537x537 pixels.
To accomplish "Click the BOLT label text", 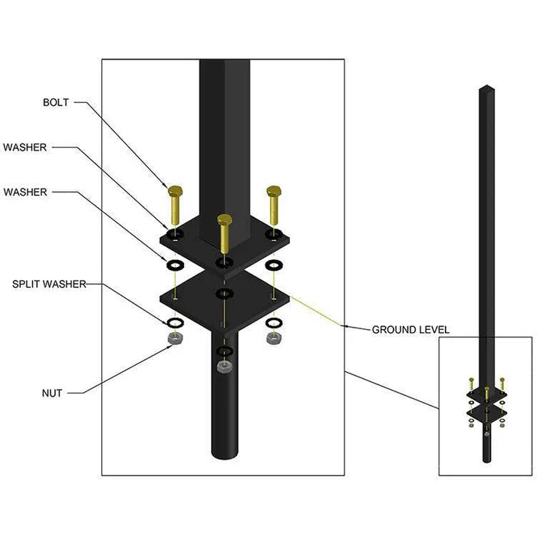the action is tap(55, 102).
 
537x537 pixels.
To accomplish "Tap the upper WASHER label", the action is tap(25, 147).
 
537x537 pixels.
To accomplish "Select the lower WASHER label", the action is tap(25, 192).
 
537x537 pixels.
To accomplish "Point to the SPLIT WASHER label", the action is tap(49, 284).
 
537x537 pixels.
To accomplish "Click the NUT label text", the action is tap(52, 393).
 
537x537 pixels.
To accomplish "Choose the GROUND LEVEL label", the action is tap(410, 330).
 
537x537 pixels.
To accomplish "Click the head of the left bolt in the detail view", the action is tap(176, 191).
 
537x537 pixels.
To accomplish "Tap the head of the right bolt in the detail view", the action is tap(274, 191).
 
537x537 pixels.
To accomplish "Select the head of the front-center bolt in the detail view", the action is tap(225, 219).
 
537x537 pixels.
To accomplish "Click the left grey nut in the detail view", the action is tap(176, 338).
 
